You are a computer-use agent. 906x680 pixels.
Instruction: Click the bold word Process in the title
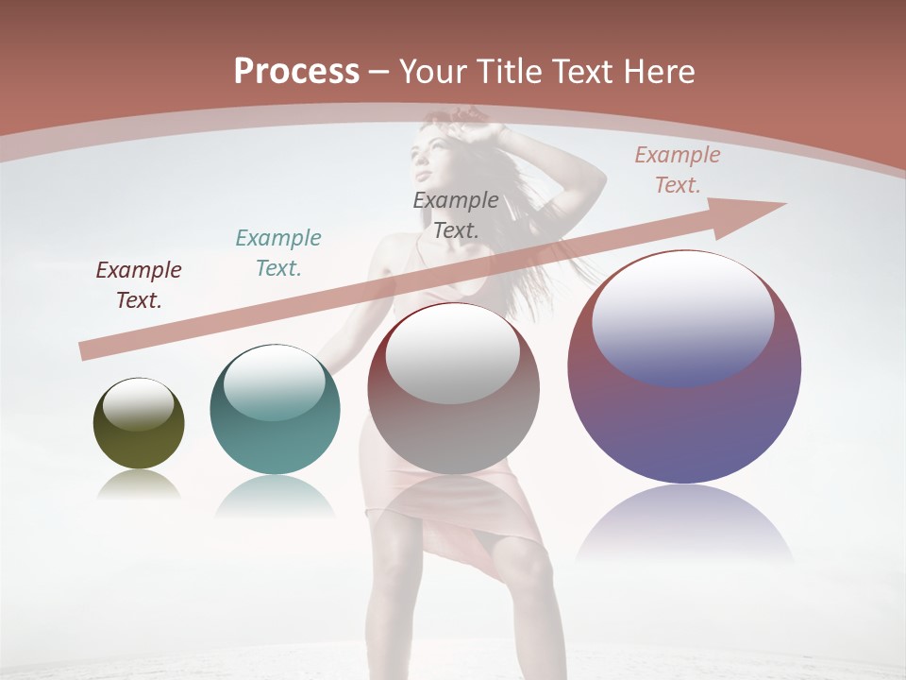[296, 71]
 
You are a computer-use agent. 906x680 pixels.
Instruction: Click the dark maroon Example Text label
[139, 285]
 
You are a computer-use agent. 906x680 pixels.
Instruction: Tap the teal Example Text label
[278, 252]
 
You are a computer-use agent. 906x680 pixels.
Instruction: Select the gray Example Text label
[456, 214]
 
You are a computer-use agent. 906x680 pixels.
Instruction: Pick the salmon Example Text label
[678, 170]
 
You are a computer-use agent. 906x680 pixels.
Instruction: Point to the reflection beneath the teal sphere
[275, 495]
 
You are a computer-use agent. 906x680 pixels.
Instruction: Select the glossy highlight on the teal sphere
[275, 382]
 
